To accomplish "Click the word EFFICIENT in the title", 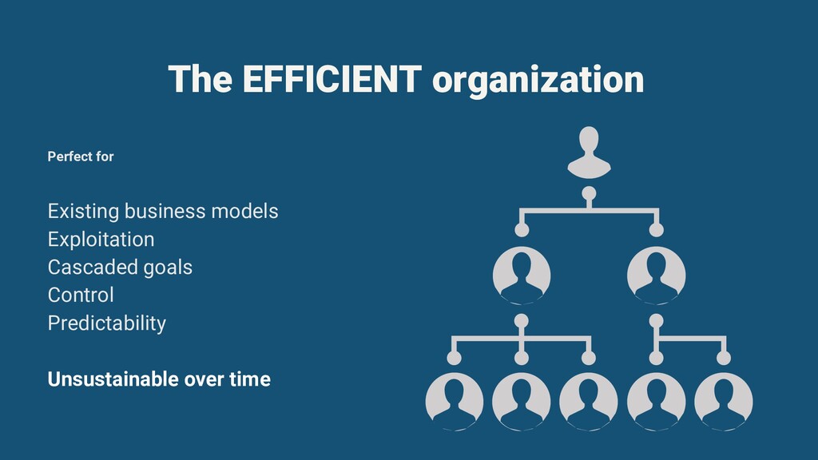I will tap(331, 79).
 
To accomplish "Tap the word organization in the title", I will tap(537, 81).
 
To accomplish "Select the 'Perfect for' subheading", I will tap(81, 157).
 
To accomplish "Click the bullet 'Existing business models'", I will tap(163, 212).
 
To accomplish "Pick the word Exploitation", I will tap(101, 240).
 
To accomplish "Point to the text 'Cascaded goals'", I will tap(120, 267).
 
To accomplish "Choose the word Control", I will tap(81, 295).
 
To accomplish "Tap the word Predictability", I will tap(107, 323).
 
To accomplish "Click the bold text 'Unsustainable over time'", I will tap(159, 379).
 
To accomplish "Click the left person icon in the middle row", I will tap(522, 275).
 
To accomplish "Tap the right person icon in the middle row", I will tap(657, 275).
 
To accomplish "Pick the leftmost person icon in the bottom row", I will tap(455, 401).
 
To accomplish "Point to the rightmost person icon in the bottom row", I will tap(724, 401).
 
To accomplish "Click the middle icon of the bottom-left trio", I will tap(522, 401).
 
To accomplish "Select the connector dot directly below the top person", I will tap(589, 192).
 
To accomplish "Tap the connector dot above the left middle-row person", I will tap(522, 230).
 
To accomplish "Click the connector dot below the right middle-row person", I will tap(657, 320).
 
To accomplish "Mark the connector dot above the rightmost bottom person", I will tap(724, 357).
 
